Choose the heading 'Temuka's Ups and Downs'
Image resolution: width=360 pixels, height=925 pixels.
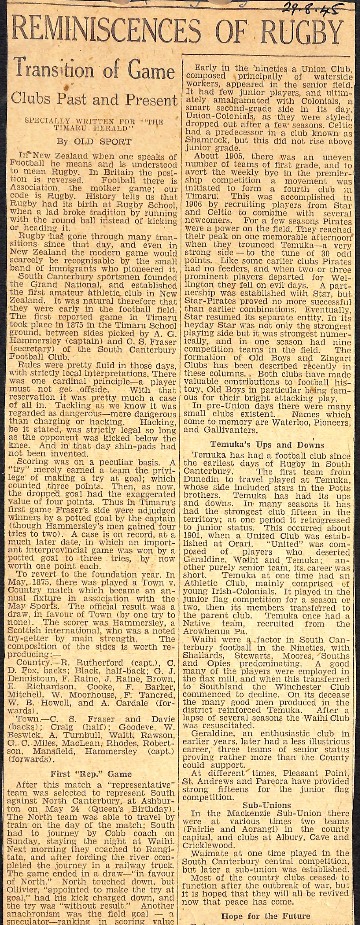(267, 445)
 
